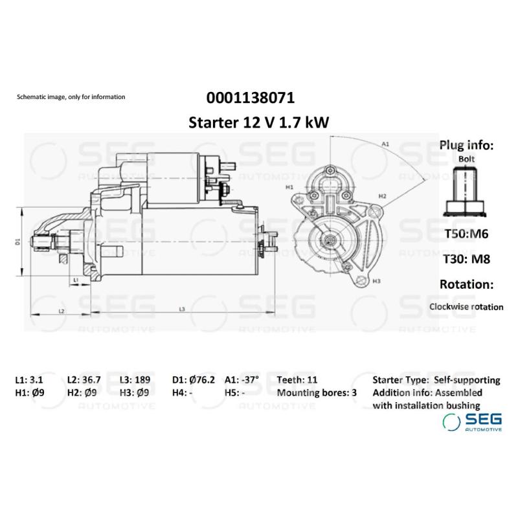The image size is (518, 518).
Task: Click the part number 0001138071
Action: pyautogui.click(x=251, y=99)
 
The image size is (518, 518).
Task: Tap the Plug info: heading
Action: pyautogui.click(x=466, y=145)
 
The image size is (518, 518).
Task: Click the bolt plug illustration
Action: pyautogui.click(x=466, y=191)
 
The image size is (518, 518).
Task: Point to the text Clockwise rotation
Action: pyautogui.click(x=466, y=306)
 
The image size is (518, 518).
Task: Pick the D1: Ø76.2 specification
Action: pyautogui.click(x=192, y=380)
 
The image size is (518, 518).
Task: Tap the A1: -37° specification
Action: pyautogui.click(x=242, y=380)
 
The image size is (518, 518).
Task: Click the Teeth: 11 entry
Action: pyautogui.click(x=297, y=380)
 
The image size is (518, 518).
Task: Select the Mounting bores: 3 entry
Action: pyautogui.click(x=317, y=392)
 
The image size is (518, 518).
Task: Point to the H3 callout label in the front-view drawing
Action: pyautogui.click(x=376, y=281)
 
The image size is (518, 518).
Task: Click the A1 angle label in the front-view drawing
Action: pyautogui.click(x=385, y=143)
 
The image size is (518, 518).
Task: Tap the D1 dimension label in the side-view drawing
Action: pyautogui.click(x=19, y=242)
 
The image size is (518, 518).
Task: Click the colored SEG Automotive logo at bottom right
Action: pyautogui.click(x=472, y=422)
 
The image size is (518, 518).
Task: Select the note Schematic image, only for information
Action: pyautogui.click(x=71, y=97)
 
